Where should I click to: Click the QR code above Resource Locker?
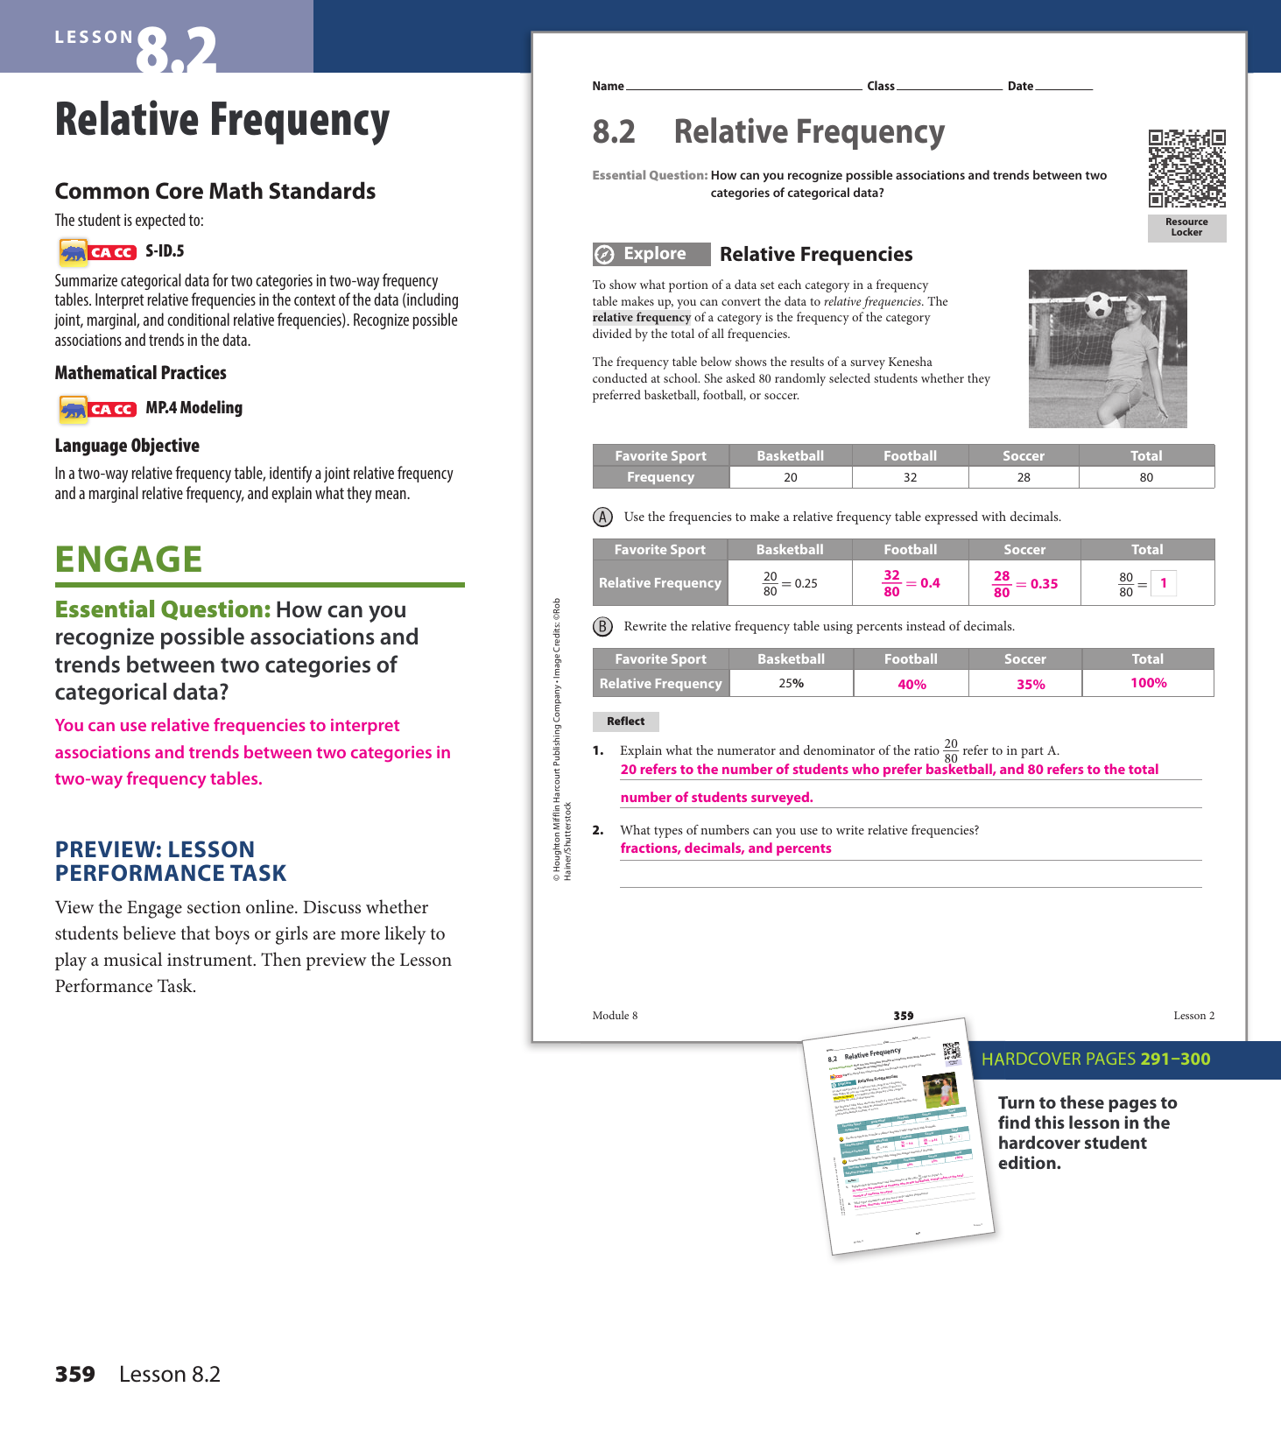[x=1186, y=168]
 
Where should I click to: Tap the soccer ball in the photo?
[x=1098, y=305]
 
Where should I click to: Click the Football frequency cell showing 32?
[x=910, y=477]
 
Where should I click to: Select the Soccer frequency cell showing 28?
[x=1023, y=477]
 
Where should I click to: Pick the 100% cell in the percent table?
[x=1148, y=683]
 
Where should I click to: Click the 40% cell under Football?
[x=911, y=684]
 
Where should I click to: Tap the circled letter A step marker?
[x=602, y=517]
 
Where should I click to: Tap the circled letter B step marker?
[x=602, y=626]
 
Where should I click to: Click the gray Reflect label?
[x=625, y=722]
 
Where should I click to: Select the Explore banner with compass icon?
[x=651, y=254]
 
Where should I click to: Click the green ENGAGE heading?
[x=129, y=560]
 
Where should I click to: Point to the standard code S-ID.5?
[x=165, y=251]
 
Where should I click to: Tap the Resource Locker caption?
[x=1186, y=228]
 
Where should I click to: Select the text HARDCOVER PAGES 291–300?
[x=1095, y=1059]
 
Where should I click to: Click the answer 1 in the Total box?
[x=1163, y=583]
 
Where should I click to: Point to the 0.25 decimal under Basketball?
[x=806, y=583]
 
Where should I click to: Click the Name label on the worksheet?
[x=608, y=86]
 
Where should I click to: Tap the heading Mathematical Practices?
[x=140, y=373]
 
